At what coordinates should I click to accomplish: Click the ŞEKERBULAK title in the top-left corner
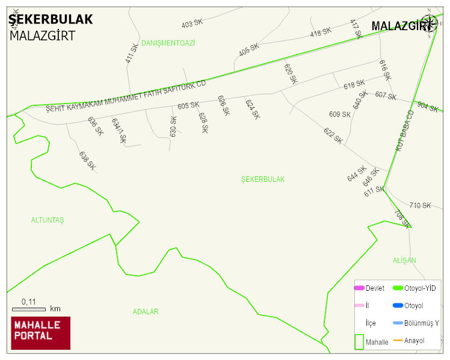point(51,19)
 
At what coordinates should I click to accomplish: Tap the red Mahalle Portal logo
point(41,333)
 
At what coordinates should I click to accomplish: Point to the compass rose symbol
point(430,23)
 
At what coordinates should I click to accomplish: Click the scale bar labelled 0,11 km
point(29,309)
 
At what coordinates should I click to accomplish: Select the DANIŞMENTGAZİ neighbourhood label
point(168,43)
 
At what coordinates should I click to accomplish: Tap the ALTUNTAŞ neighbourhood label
point(48,220)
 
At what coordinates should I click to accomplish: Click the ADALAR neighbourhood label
point(146,312)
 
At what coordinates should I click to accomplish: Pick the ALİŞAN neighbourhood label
point(404,260)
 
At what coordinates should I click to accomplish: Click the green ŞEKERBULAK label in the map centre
point(263,179)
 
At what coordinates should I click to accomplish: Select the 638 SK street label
point(87,160)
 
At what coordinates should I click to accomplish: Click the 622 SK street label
point(333,135)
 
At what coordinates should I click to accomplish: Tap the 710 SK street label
point(420,205)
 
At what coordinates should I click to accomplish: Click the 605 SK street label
point(188,105)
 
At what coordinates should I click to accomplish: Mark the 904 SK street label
point(427,107)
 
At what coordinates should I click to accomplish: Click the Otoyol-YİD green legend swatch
point(398,288)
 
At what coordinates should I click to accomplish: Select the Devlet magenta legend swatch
point(359,288)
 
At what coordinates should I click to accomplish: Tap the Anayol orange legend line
point(398,341)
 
